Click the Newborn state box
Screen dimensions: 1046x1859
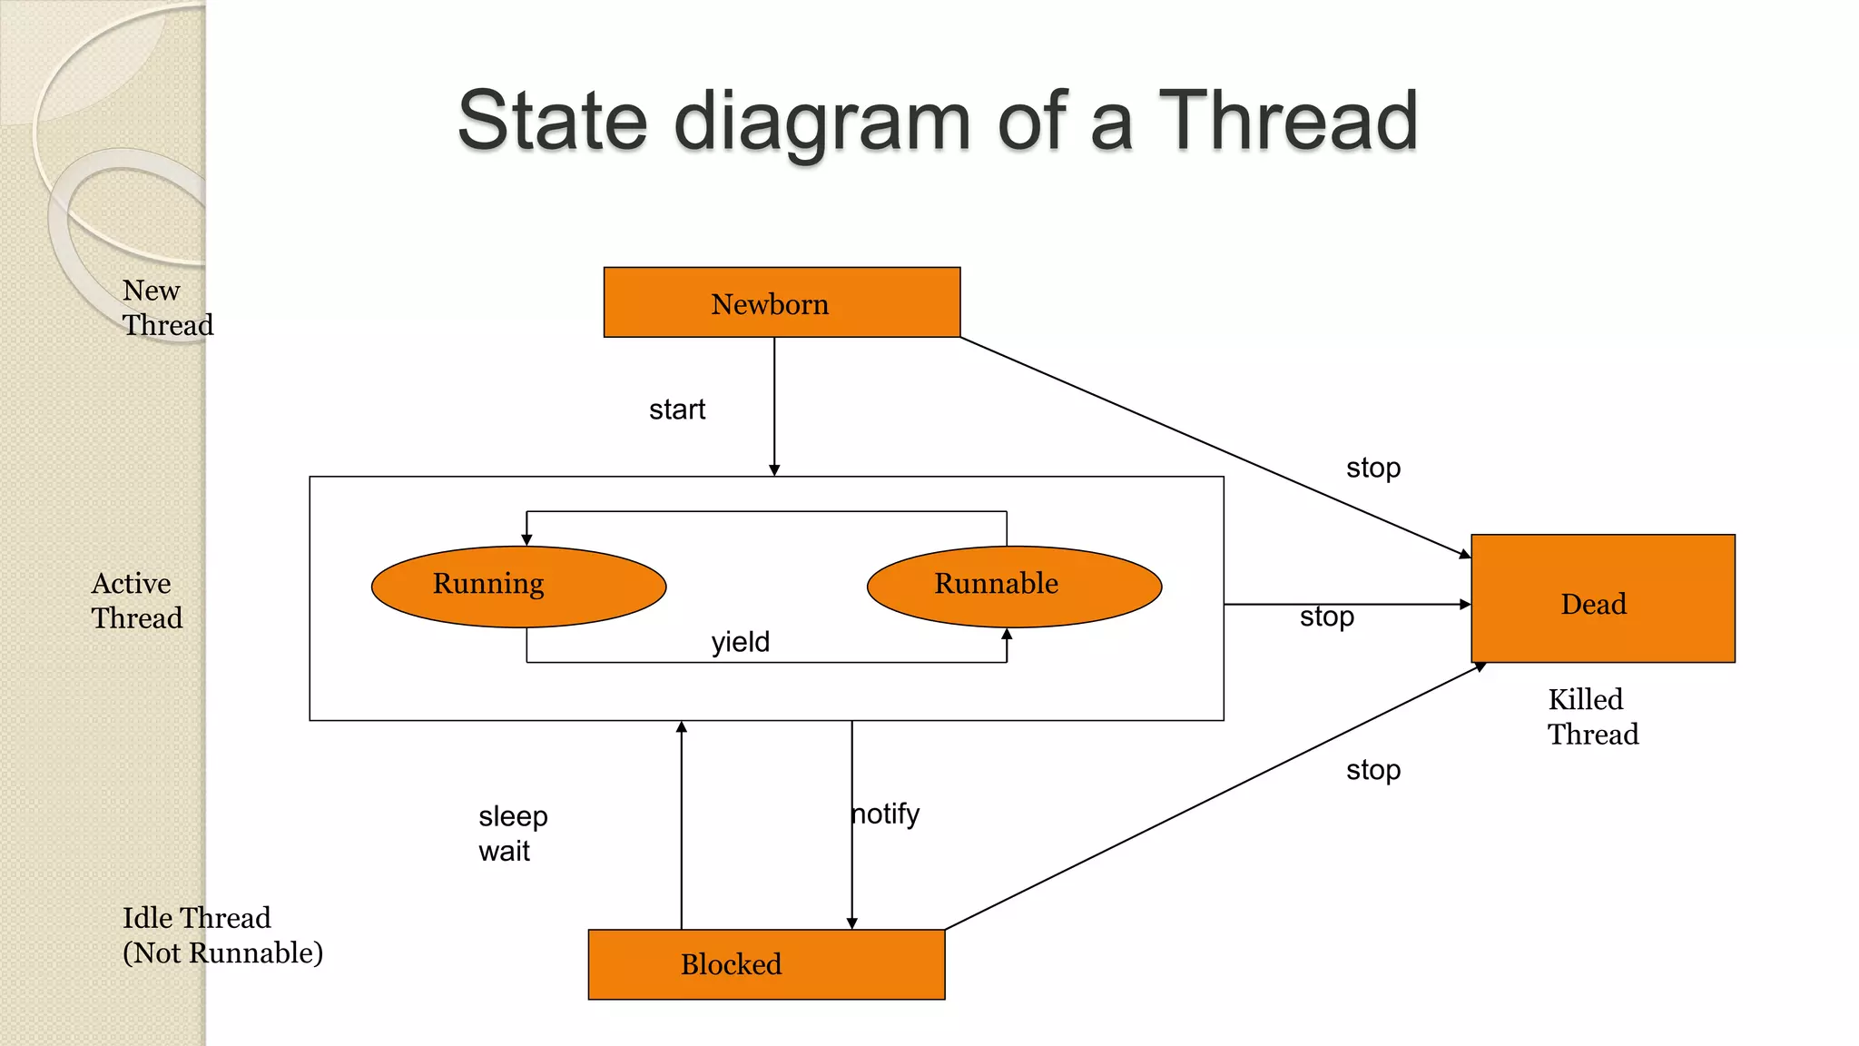coord(782,302)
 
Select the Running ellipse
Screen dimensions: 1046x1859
coord(518,586)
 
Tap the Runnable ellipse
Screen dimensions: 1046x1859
coord(1014,586)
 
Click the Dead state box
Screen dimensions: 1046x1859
coord(1602,598)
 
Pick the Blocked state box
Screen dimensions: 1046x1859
coord(766,964)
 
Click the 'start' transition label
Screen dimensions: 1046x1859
coord(677,410)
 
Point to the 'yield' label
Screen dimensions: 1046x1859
coord(741,642)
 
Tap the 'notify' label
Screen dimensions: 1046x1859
coord(886,814)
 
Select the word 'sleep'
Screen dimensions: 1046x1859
coord(513,816)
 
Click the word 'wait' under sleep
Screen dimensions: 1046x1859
coord(504,852)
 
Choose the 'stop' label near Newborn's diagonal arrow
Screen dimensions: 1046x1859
coord(1373,468)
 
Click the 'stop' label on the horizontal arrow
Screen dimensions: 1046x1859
coord(1326,617)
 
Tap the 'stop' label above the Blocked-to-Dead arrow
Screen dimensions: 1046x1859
coord(1373,770)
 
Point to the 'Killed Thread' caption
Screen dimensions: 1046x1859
coord(1593,716)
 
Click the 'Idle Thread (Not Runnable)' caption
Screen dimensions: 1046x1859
coord(222,935)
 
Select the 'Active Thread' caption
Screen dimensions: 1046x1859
coord(136,600)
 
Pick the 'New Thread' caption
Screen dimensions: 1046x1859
coord(167,307)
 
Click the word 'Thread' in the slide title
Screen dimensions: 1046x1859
coord(1288,121)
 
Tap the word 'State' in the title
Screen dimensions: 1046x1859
coord(552,121)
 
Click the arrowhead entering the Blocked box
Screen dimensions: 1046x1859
coord(851,923)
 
